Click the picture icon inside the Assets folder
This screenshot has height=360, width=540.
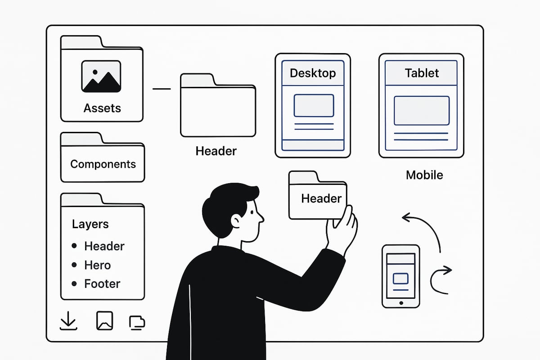pyautogui.click(x=101, y=76)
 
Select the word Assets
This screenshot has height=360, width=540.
pyautogui.click(x=102, y=108)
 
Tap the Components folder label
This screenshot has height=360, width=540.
pyautogui.click(x=103, y=164)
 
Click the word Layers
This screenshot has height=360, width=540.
pyautogui.click(x=90, y=224)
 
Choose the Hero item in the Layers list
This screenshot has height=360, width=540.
pyautogui.click(x=97, y=265)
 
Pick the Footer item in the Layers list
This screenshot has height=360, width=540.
pyautogui.click(x=102, y=284)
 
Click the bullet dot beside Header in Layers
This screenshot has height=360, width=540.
pyautogui.click(x=74, y=246)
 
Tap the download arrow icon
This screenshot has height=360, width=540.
pyautogui.click(x=68, y=321)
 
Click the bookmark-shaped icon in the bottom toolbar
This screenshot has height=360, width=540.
pyautogui.click(x=104, y=321)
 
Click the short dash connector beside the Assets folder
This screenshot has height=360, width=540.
pyautogui.click(x=162, y=89)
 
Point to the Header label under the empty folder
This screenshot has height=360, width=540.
pyautogui.click(x=216, y=151)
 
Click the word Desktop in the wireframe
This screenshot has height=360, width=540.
pyautogui.click(x=312, y=73)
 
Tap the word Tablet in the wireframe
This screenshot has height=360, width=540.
pyautogui.click(x=422, y=73)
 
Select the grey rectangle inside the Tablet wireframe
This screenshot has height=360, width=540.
pyautogui.click(x=421, y=110)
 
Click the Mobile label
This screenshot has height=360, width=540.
pyautogui.click(x=424, y=175)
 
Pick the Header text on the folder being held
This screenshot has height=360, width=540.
pyautogui.click(x=321, y=198)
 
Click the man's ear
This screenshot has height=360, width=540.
pyautogui.click(x=236, y=220)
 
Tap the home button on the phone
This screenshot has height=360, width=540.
pyautogui.click(x=400, y=302)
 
